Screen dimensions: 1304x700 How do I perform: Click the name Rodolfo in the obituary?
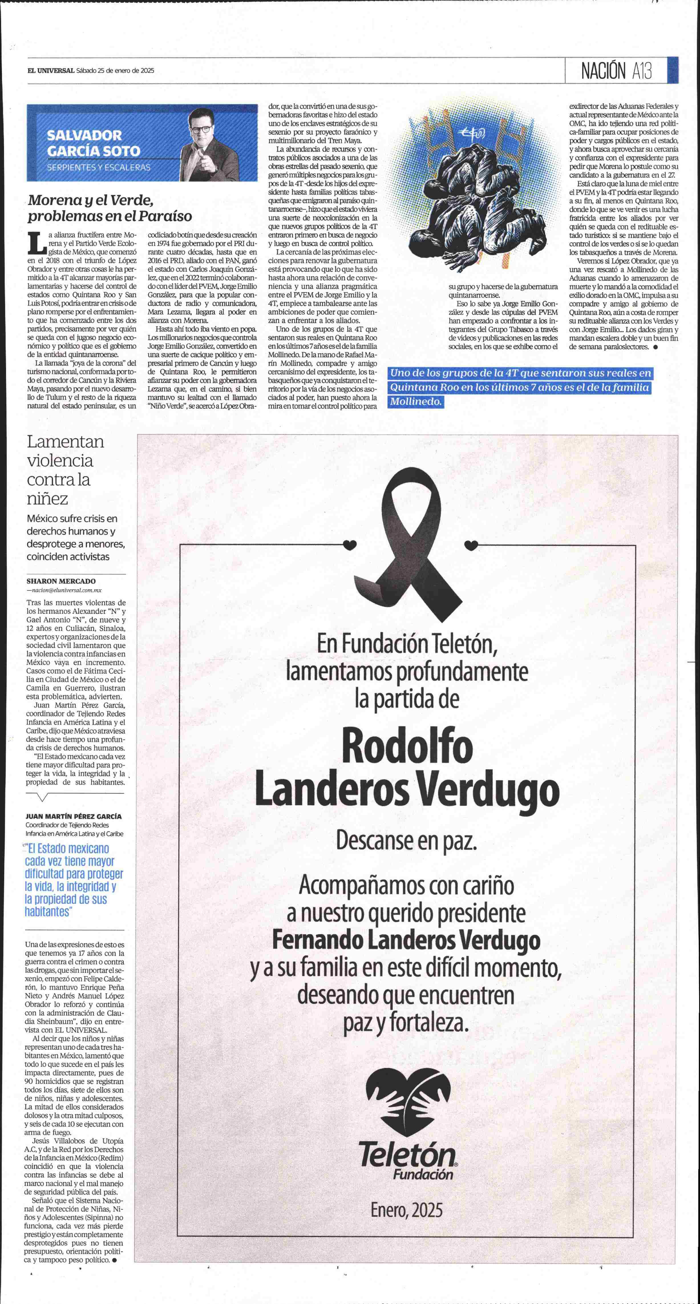[407, 748]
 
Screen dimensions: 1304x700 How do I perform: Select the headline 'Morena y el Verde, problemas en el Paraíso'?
[110, 208]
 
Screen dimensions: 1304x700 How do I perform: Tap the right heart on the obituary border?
[471, 545]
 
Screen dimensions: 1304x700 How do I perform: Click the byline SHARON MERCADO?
[61, 581]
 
